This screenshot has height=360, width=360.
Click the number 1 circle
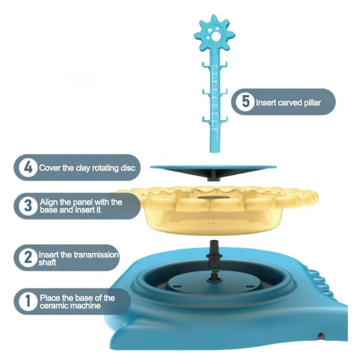point(28,301)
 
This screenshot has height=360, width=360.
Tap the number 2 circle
point(28,257)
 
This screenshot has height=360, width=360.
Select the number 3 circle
point(28,206)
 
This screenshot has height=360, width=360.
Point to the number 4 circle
point(28,167)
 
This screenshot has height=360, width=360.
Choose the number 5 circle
point(245,102)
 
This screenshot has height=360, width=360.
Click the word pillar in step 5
point(312,103)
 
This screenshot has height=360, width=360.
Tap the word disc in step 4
point(128,168)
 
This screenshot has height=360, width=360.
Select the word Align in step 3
point(49,202)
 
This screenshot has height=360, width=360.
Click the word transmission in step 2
point(95,255)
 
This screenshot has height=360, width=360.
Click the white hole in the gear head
point(215,36)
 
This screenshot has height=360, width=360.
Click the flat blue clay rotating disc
point(213,167)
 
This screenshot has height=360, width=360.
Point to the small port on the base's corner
point(320,336)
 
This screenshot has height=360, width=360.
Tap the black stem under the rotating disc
point(213,176)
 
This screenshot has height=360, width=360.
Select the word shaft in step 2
point(47,262)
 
